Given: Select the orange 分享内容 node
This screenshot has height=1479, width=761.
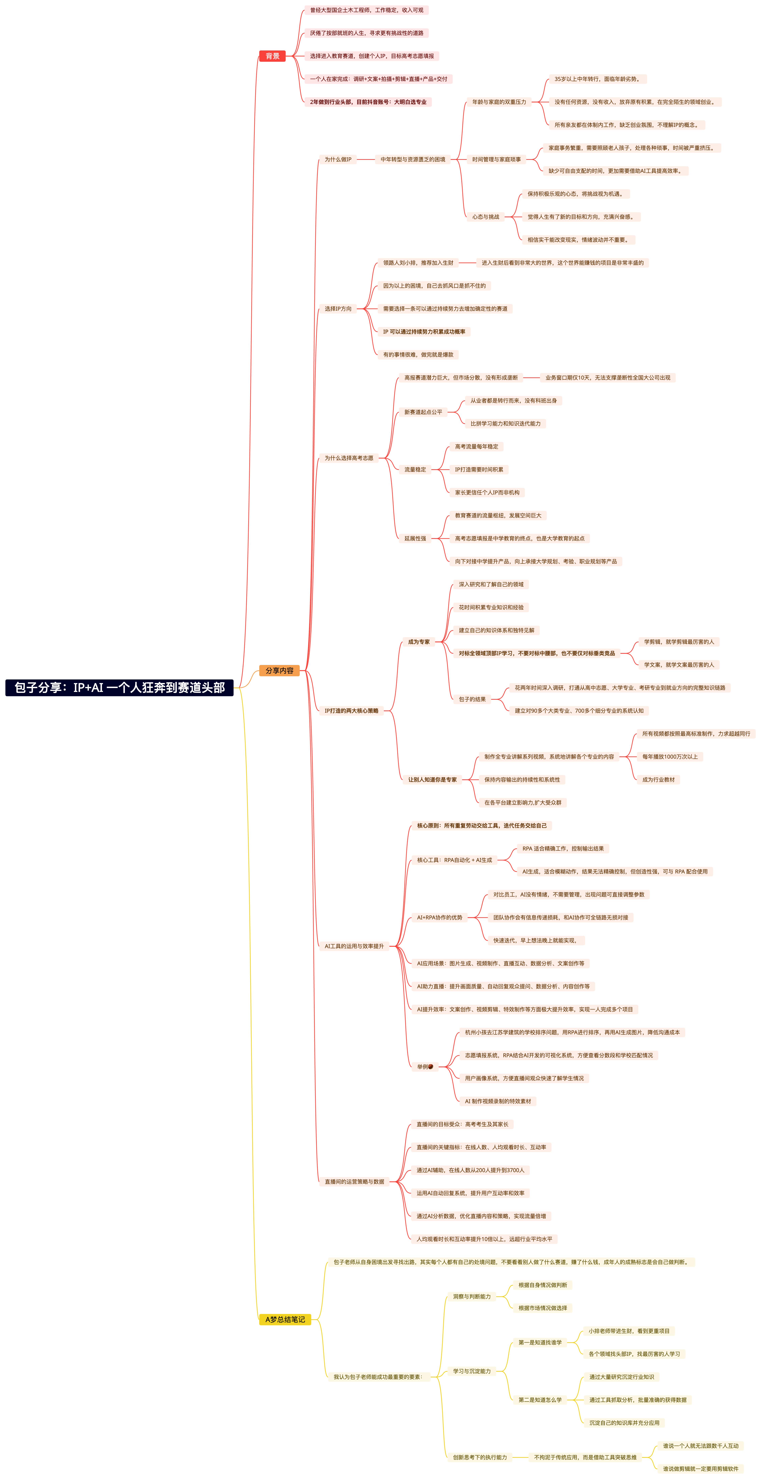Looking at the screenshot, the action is pos(279,671).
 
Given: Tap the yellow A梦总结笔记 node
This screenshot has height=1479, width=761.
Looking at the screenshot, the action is pos(285,1319).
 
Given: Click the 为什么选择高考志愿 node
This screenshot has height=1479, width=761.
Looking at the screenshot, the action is pos(349,458).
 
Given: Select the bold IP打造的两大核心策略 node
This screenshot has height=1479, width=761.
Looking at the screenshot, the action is pos(351,711).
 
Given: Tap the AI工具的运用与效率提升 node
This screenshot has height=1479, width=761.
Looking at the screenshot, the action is pos(354,946).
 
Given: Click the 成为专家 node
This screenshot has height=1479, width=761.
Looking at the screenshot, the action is pos(419,642).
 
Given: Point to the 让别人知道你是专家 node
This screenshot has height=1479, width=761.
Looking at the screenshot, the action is pos(432,780).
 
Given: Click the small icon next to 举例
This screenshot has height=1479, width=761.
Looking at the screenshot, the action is pos(431,1067).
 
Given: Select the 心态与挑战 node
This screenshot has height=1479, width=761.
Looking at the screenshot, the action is pos(485,217).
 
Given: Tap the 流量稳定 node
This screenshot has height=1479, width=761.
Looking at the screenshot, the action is pos(415,470).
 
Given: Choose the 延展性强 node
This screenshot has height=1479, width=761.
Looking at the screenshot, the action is pos(415,539).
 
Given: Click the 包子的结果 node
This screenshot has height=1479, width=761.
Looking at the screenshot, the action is pos(472,699).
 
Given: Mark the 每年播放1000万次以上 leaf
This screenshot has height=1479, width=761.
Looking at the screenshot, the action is pos(670,757).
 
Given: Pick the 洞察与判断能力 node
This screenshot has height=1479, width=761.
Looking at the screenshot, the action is pos(471,1296).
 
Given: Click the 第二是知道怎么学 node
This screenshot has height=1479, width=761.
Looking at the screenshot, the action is pos(540,1400).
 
